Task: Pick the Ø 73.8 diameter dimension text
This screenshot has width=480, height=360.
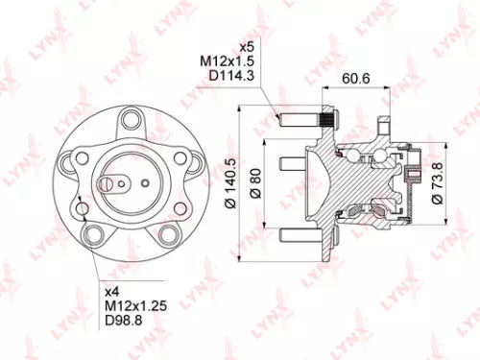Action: click(x=440, y=181)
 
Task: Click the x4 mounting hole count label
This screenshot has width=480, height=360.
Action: click(x=112, y=289)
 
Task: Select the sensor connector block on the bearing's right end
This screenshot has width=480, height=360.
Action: click(x=415, y=176)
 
